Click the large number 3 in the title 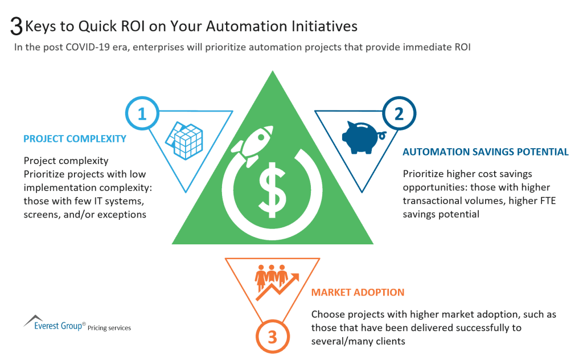(x=17, y=26)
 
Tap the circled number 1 (x=142, y=113)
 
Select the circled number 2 (x=399, y=113)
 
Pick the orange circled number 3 (x=272, y=337)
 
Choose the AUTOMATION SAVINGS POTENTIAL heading (x=485, y=152)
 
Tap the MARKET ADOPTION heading (x=358, y=292)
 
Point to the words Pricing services (x=109, y=328)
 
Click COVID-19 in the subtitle (x=76, y=48)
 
